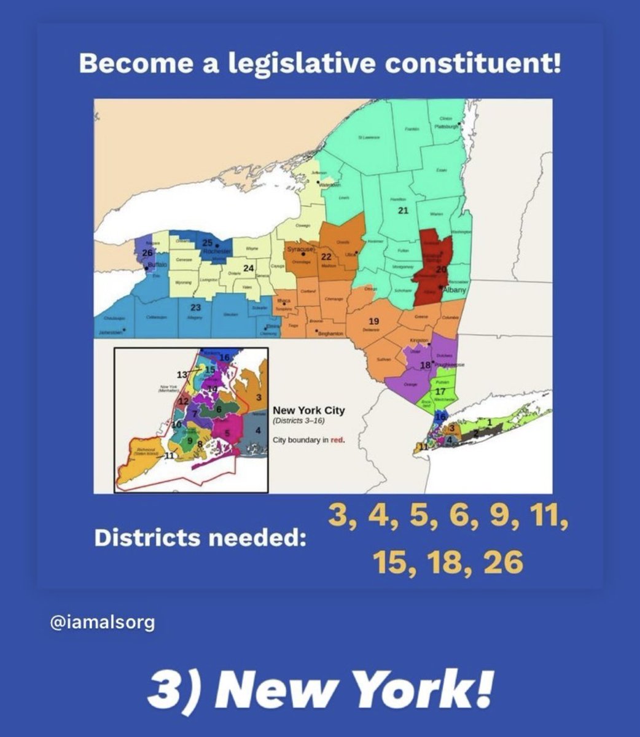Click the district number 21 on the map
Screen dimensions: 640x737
403,211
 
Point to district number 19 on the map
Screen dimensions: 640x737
373,322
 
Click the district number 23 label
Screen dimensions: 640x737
195,307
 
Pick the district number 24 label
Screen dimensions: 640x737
248,268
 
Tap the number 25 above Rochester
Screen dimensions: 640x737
208,243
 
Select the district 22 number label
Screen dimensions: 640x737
327,256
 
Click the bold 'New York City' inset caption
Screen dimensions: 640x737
308,410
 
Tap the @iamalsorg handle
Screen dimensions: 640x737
101,623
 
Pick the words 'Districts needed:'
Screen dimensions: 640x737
200,538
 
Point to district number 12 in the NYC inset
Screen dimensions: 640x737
183,401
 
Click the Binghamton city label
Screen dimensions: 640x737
330,333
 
